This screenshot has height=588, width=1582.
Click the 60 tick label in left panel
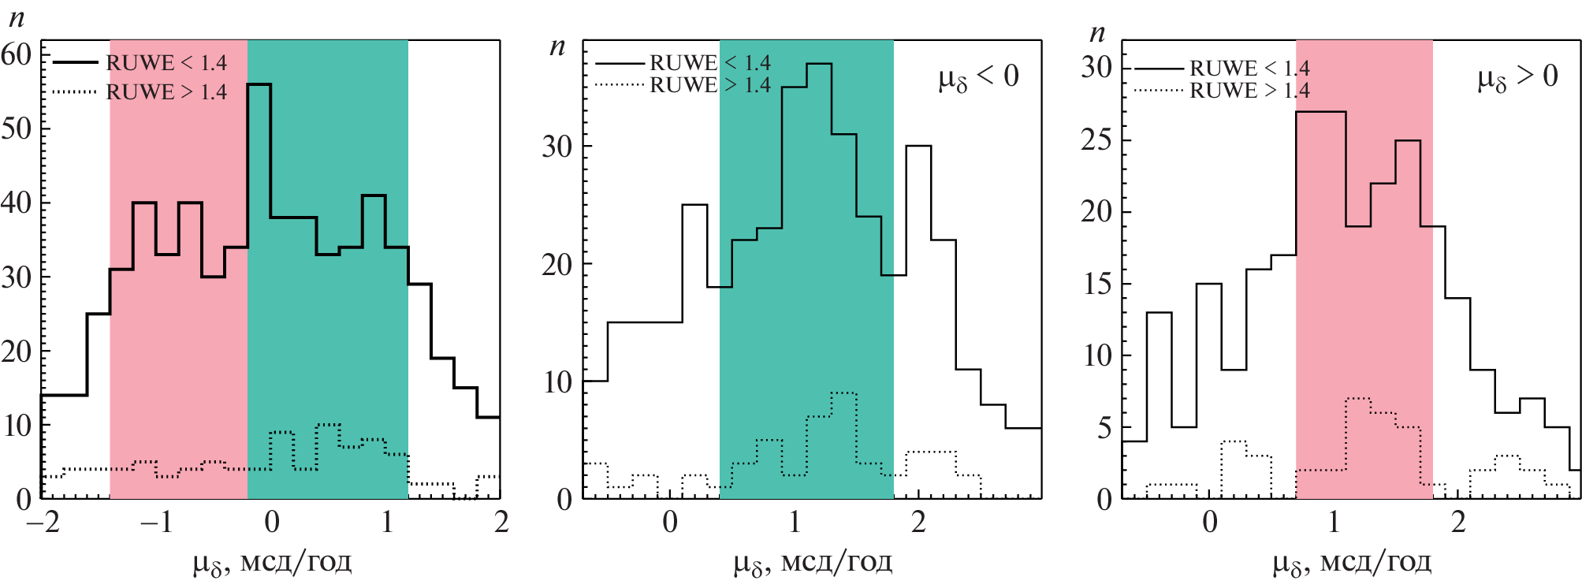tap(16, 54)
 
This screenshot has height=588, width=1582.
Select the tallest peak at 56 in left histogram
tap(259, 84)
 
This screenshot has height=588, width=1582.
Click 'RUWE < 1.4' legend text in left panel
tap(166, 62)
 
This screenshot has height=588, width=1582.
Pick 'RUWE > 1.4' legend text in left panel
tap(166, 91)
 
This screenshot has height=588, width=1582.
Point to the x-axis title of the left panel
tap(272, 563)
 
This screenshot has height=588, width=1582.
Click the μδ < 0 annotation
tap(978, 77)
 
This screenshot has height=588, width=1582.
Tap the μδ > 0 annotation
tap(1517, 77)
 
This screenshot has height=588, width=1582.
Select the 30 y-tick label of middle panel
tap(556, 146)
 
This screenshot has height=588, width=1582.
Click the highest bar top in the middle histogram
tap(819, 64)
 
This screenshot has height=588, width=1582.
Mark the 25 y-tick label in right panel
tap(1096, 140)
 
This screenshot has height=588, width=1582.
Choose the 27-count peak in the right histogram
tap(1321, 112)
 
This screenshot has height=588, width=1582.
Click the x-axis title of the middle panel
tap(813, 563)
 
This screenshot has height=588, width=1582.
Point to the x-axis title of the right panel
tap(1352, 563)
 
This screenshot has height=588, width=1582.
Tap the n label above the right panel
tap(1097, 32)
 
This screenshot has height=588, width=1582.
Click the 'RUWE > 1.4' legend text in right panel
tap(1249, 90)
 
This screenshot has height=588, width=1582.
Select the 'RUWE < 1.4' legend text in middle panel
tap(709, 62)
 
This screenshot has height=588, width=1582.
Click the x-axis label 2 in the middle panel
tap(918, 522)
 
